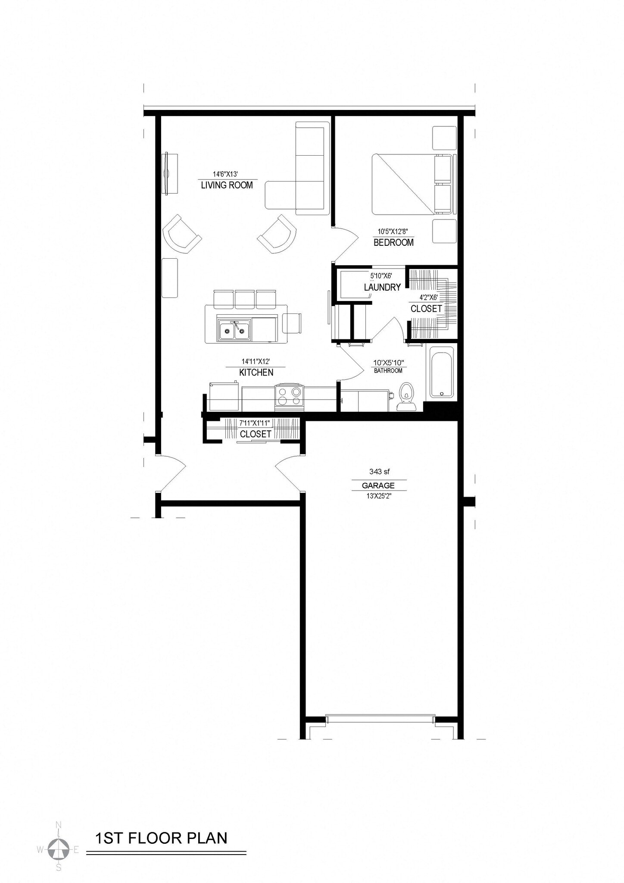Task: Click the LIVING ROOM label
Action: tap(227, 185)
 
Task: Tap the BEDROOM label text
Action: tap(393, 242)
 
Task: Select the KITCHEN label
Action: tap(256, 373)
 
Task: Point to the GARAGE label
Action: tap(378, 485)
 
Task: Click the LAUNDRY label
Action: tap(382, 287)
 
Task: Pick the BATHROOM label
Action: tap(388, 371)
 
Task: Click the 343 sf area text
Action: tap(379, 472)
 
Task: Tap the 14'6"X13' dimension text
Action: tap(225, 175)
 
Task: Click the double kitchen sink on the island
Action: tap(234, 330)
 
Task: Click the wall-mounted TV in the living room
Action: tap(169, 173)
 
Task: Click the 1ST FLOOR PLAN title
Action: tap(161, 838)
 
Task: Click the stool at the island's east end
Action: tap(292, 323)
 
